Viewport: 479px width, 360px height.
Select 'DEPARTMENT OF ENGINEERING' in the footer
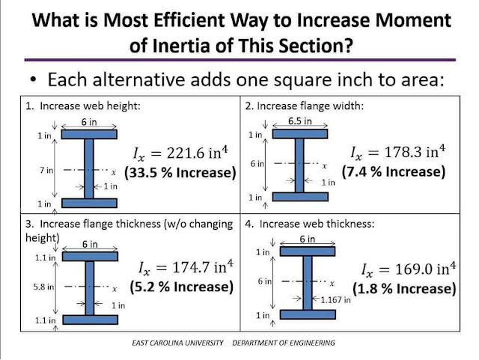(x=284, y=343)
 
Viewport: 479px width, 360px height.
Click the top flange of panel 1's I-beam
(x=89, y=135)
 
